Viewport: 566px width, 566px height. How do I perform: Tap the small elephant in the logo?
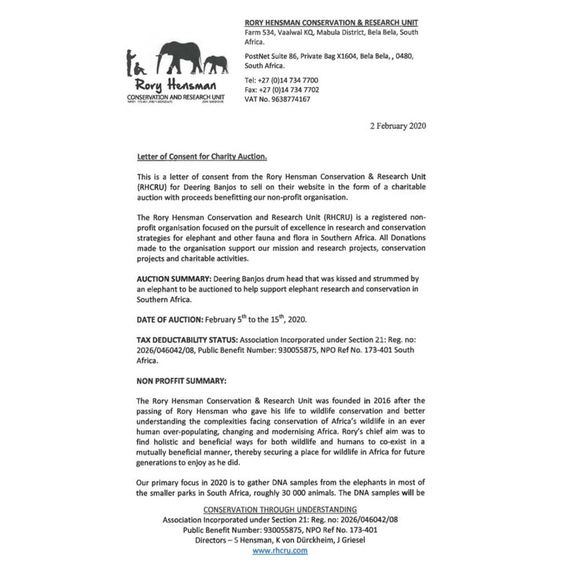[217, 63]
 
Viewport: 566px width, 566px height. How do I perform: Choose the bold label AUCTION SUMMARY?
[174, 278]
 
